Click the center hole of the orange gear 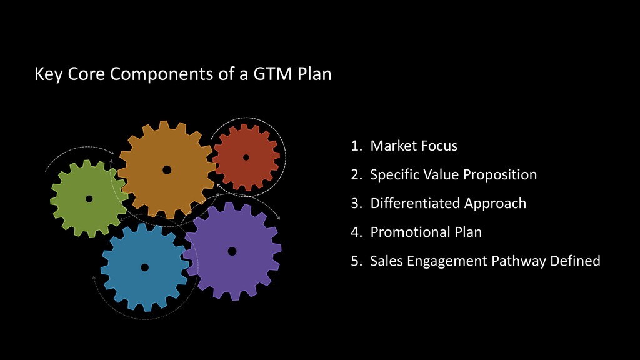click(167, 169)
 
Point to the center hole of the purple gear click(232, 251)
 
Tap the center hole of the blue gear click(144, 267)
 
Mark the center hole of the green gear click(89, 199)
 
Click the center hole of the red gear click(246, 157)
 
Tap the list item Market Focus click(414, 146)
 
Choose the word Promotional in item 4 click(405, 232)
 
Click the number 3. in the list click(357, 204)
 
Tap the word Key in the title click(47, 74)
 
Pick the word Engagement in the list click(448, 261)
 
